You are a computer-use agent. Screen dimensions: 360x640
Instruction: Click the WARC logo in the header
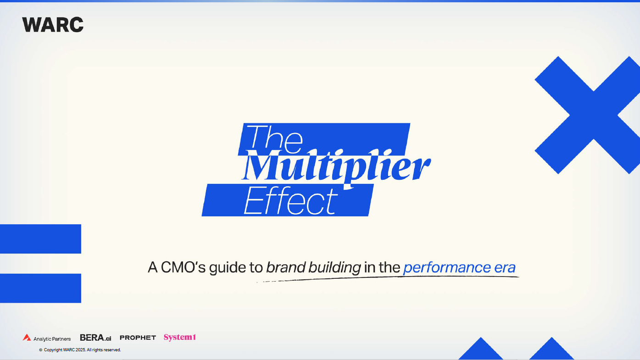(x=53, y=24)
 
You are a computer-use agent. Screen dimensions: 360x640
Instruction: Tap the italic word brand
(x=286, y=267)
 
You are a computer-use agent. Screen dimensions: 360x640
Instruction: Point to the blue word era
(x=505, y=268)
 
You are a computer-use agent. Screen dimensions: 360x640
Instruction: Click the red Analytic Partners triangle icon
(x=27, y=338)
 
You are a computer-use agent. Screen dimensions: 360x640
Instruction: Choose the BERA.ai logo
(x=95, y=338)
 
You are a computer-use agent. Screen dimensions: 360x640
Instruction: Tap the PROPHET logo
(x=138, y=338)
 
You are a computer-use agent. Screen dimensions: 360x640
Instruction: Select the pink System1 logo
(x=180, y=337)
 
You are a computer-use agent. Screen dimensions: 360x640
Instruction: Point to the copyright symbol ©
(x=40, y=350)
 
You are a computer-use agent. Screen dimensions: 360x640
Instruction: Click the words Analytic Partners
(x=52, y=339)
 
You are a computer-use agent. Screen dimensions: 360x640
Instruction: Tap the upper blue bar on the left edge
(x=40, y=238)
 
